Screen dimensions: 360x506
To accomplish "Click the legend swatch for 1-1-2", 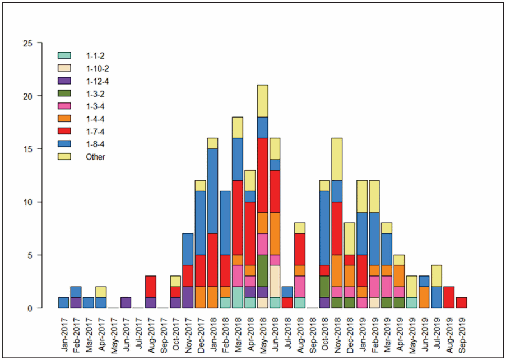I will pyautogui.click(x=64, y=55).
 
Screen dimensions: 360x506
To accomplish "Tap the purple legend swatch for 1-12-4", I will pyautogui.click(x=64, y=81).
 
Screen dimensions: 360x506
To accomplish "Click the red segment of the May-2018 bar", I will pyautogui.click(x=262, y=175).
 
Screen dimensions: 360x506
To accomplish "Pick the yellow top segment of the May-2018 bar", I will pyautogui.click(x=262, y=101).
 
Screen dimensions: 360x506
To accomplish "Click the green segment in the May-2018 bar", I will pyautogui.click(x=262, y=271).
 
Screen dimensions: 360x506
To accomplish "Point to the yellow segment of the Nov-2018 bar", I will pyautogui.click(x=337, y=159).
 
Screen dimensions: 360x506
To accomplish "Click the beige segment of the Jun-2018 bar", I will pyautogui.click(x=275, y=281).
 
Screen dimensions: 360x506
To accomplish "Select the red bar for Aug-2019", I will pyautogui.click(x=449, y=297).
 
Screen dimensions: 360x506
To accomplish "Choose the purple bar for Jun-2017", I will pyautogui.click(x=126, y=303).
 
